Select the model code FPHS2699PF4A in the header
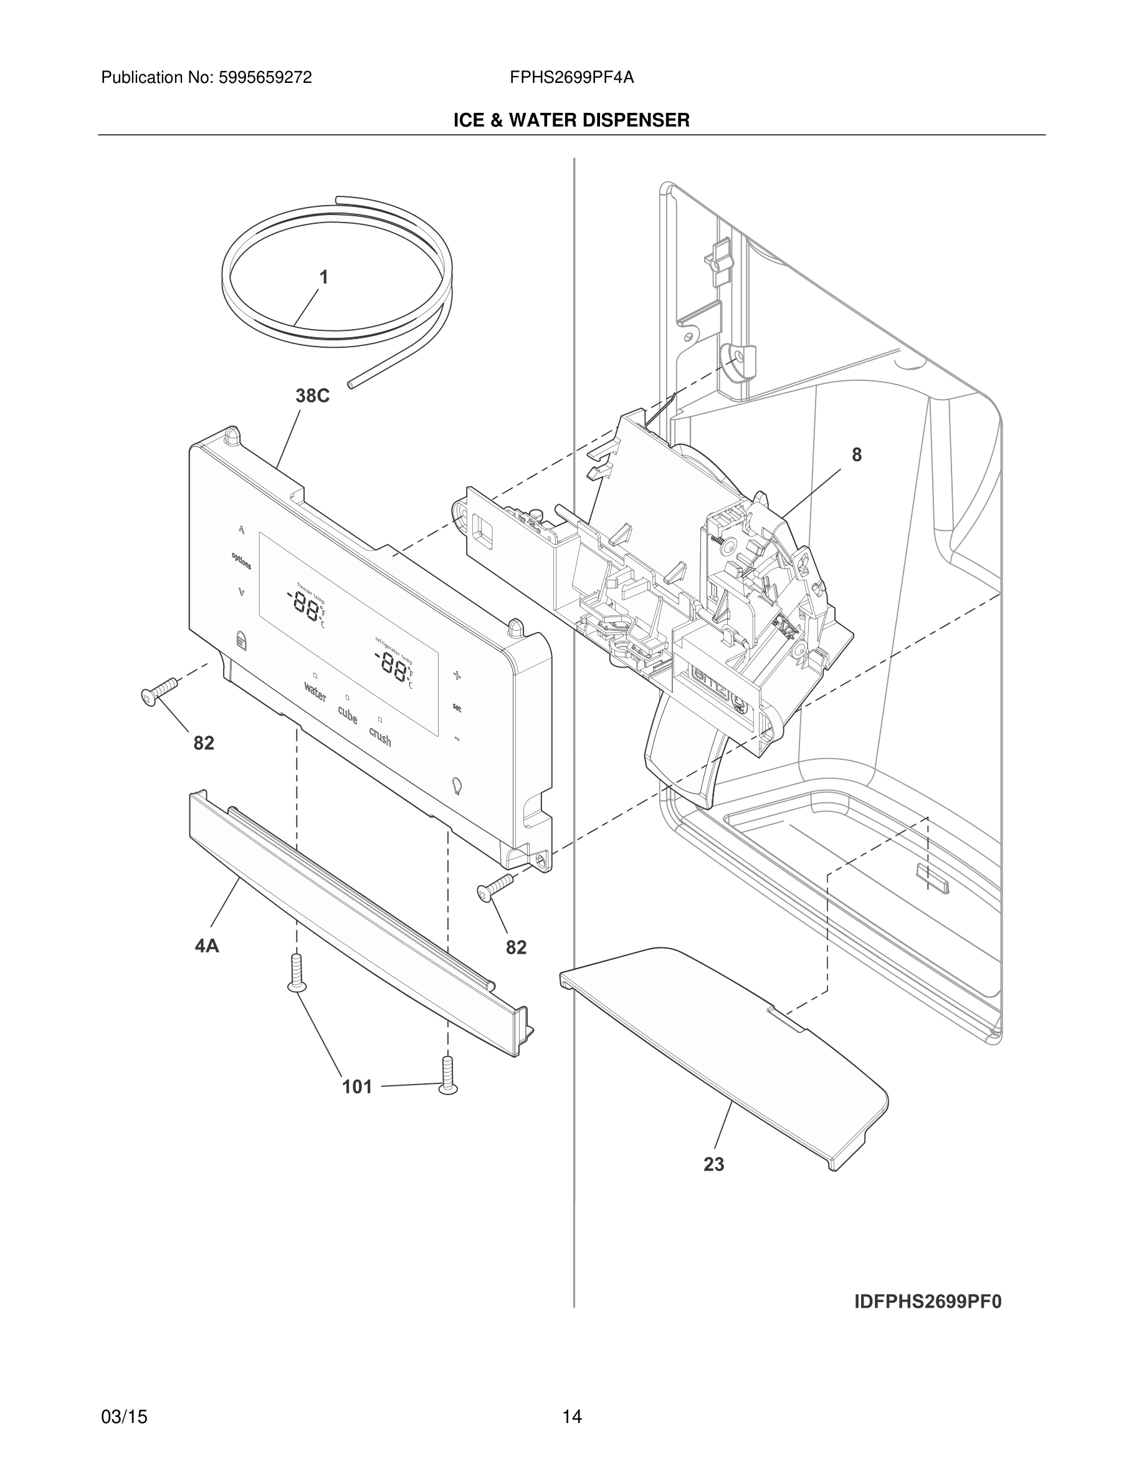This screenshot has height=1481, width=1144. [571, 78]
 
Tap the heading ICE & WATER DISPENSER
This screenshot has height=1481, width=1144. [571, 121]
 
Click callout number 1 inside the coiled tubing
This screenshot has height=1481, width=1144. [324, 277]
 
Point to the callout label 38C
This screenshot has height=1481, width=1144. [312, 396]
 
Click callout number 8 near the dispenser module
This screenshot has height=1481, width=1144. [857, 455]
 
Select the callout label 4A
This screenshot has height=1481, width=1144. [207, 946]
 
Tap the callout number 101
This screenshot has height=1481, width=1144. [357, 1088]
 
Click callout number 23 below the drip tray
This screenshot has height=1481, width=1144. [713, 1164]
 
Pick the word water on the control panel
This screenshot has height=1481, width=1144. [315, 693]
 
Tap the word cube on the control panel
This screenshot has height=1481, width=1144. [348, 715]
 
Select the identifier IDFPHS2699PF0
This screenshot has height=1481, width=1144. [927, 1303]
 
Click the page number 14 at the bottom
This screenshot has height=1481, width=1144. [571, 1417]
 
